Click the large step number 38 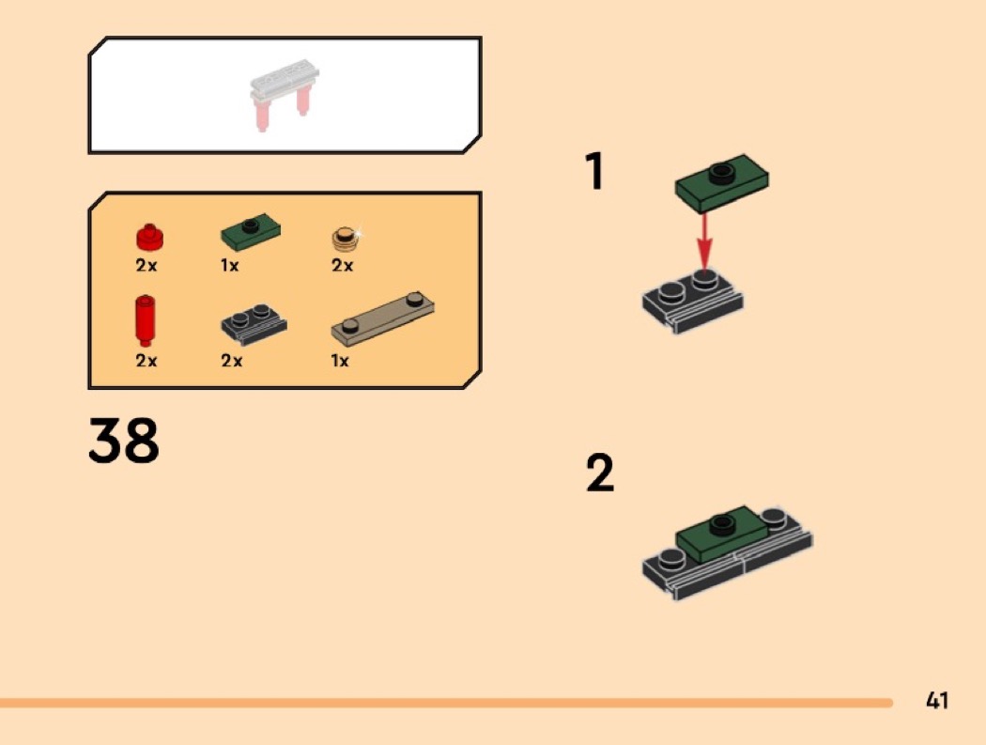point(124,440)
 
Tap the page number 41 point(936,700)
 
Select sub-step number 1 point(594,171)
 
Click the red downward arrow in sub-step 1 point(704,242)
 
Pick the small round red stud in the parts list point(149,237)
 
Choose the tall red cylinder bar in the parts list point(146,320)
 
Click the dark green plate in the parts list point(251,231)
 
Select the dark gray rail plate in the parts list point(254,324)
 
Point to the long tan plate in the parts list point(382,319)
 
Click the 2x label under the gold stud point(342,266)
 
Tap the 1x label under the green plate point(229,266)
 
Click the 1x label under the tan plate point(340,361)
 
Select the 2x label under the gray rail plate point(231,361)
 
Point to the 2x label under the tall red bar point(146,361)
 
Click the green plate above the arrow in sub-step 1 point(721,183)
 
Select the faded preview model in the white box point(285,94)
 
